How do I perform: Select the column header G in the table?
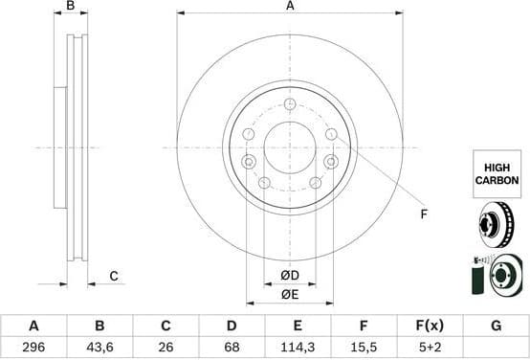(496, 326)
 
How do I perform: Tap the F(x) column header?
(430, 326)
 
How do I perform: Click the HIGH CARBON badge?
(497, 172)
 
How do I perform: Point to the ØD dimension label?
(290, 277)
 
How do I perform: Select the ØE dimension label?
(290, 294)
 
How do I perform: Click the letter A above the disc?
(290, 7)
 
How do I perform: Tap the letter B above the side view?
(70, 7)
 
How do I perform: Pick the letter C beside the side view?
(113, 277)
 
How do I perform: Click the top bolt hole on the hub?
(290, 103)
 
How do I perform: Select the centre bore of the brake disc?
(290, 147)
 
